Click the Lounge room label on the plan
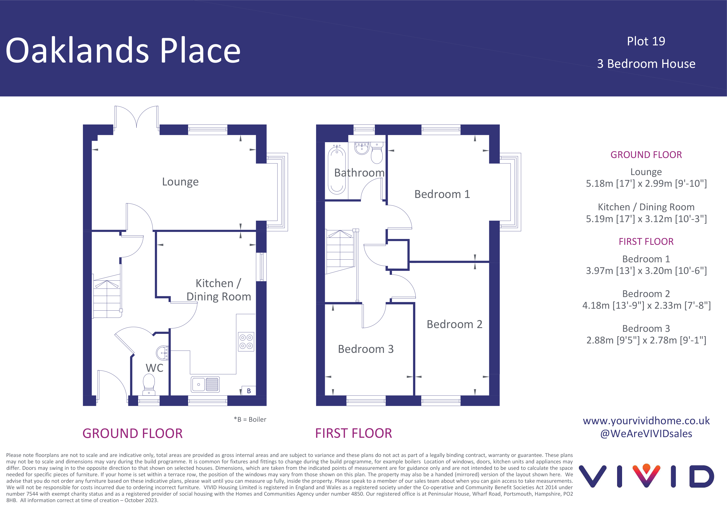(x=180, y=182)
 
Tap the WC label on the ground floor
(x=155, y=368)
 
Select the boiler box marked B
(x=249, y=391)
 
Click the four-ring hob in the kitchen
(x=246, y=342)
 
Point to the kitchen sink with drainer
(x=205, y=384)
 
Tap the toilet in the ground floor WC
(x=149, y=385)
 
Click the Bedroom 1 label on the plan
(x=442, y=194)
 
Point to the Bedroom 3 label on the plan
(x=366, y=349)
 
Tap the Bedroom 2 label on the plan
(x=454, y=324)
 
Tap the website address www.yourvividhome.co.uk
(x=646, y=421)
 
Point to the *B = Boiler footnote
(x=250, y=420)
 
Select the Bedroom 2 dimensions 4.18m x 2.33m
(x=647, y=305)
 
